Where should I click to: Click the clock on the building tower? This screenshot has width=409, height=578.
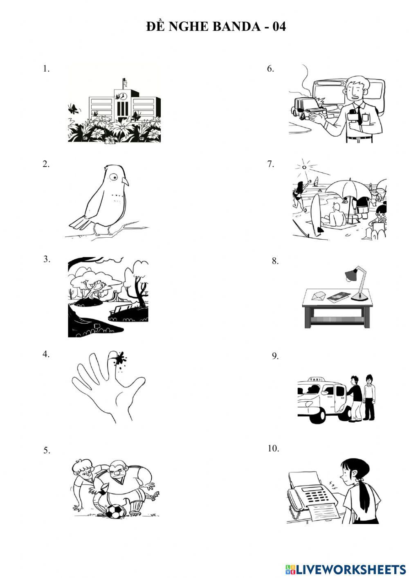[123, 96]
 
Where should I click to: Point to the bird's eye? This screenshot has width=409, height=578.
[114, 177]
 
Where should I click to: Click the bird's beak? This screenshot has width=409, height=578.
[126, 181]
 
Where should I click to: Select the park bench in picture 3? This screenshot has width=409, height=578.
[121, 309]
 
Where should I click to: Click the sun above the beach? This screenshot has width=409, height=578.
[304, 167]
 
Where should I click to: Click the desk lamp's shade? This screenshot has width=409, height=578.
[352, 274]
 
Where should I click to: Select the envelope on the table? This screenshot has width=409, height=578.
[319, 297]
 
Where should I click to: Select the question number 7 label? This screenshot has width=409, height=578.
[271, 164]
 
